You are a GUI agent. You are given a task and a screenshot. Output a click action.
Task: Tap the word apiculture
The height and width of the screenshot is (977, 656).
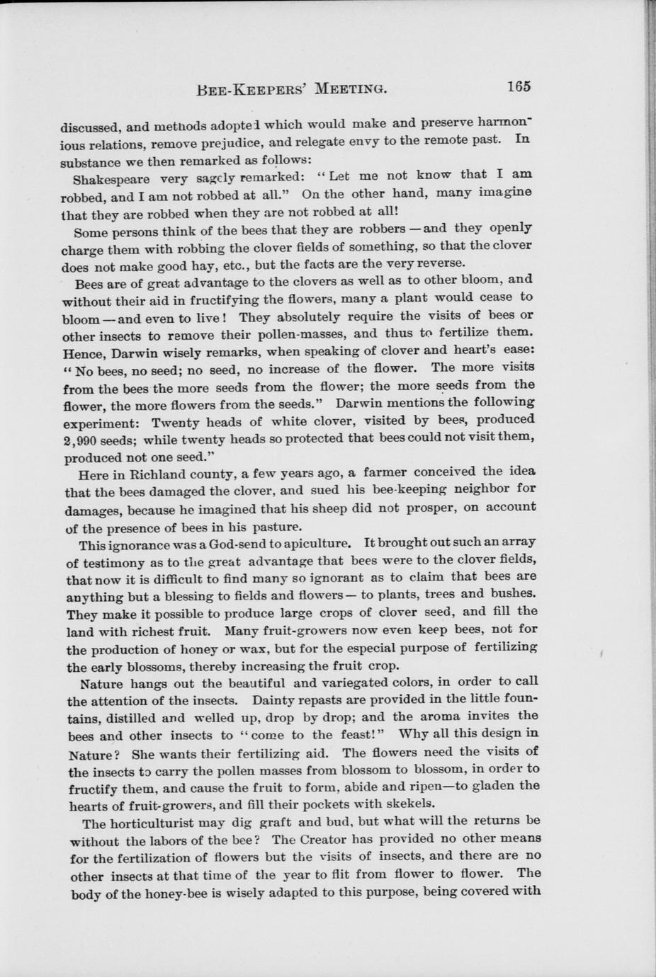coord(317,544)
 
